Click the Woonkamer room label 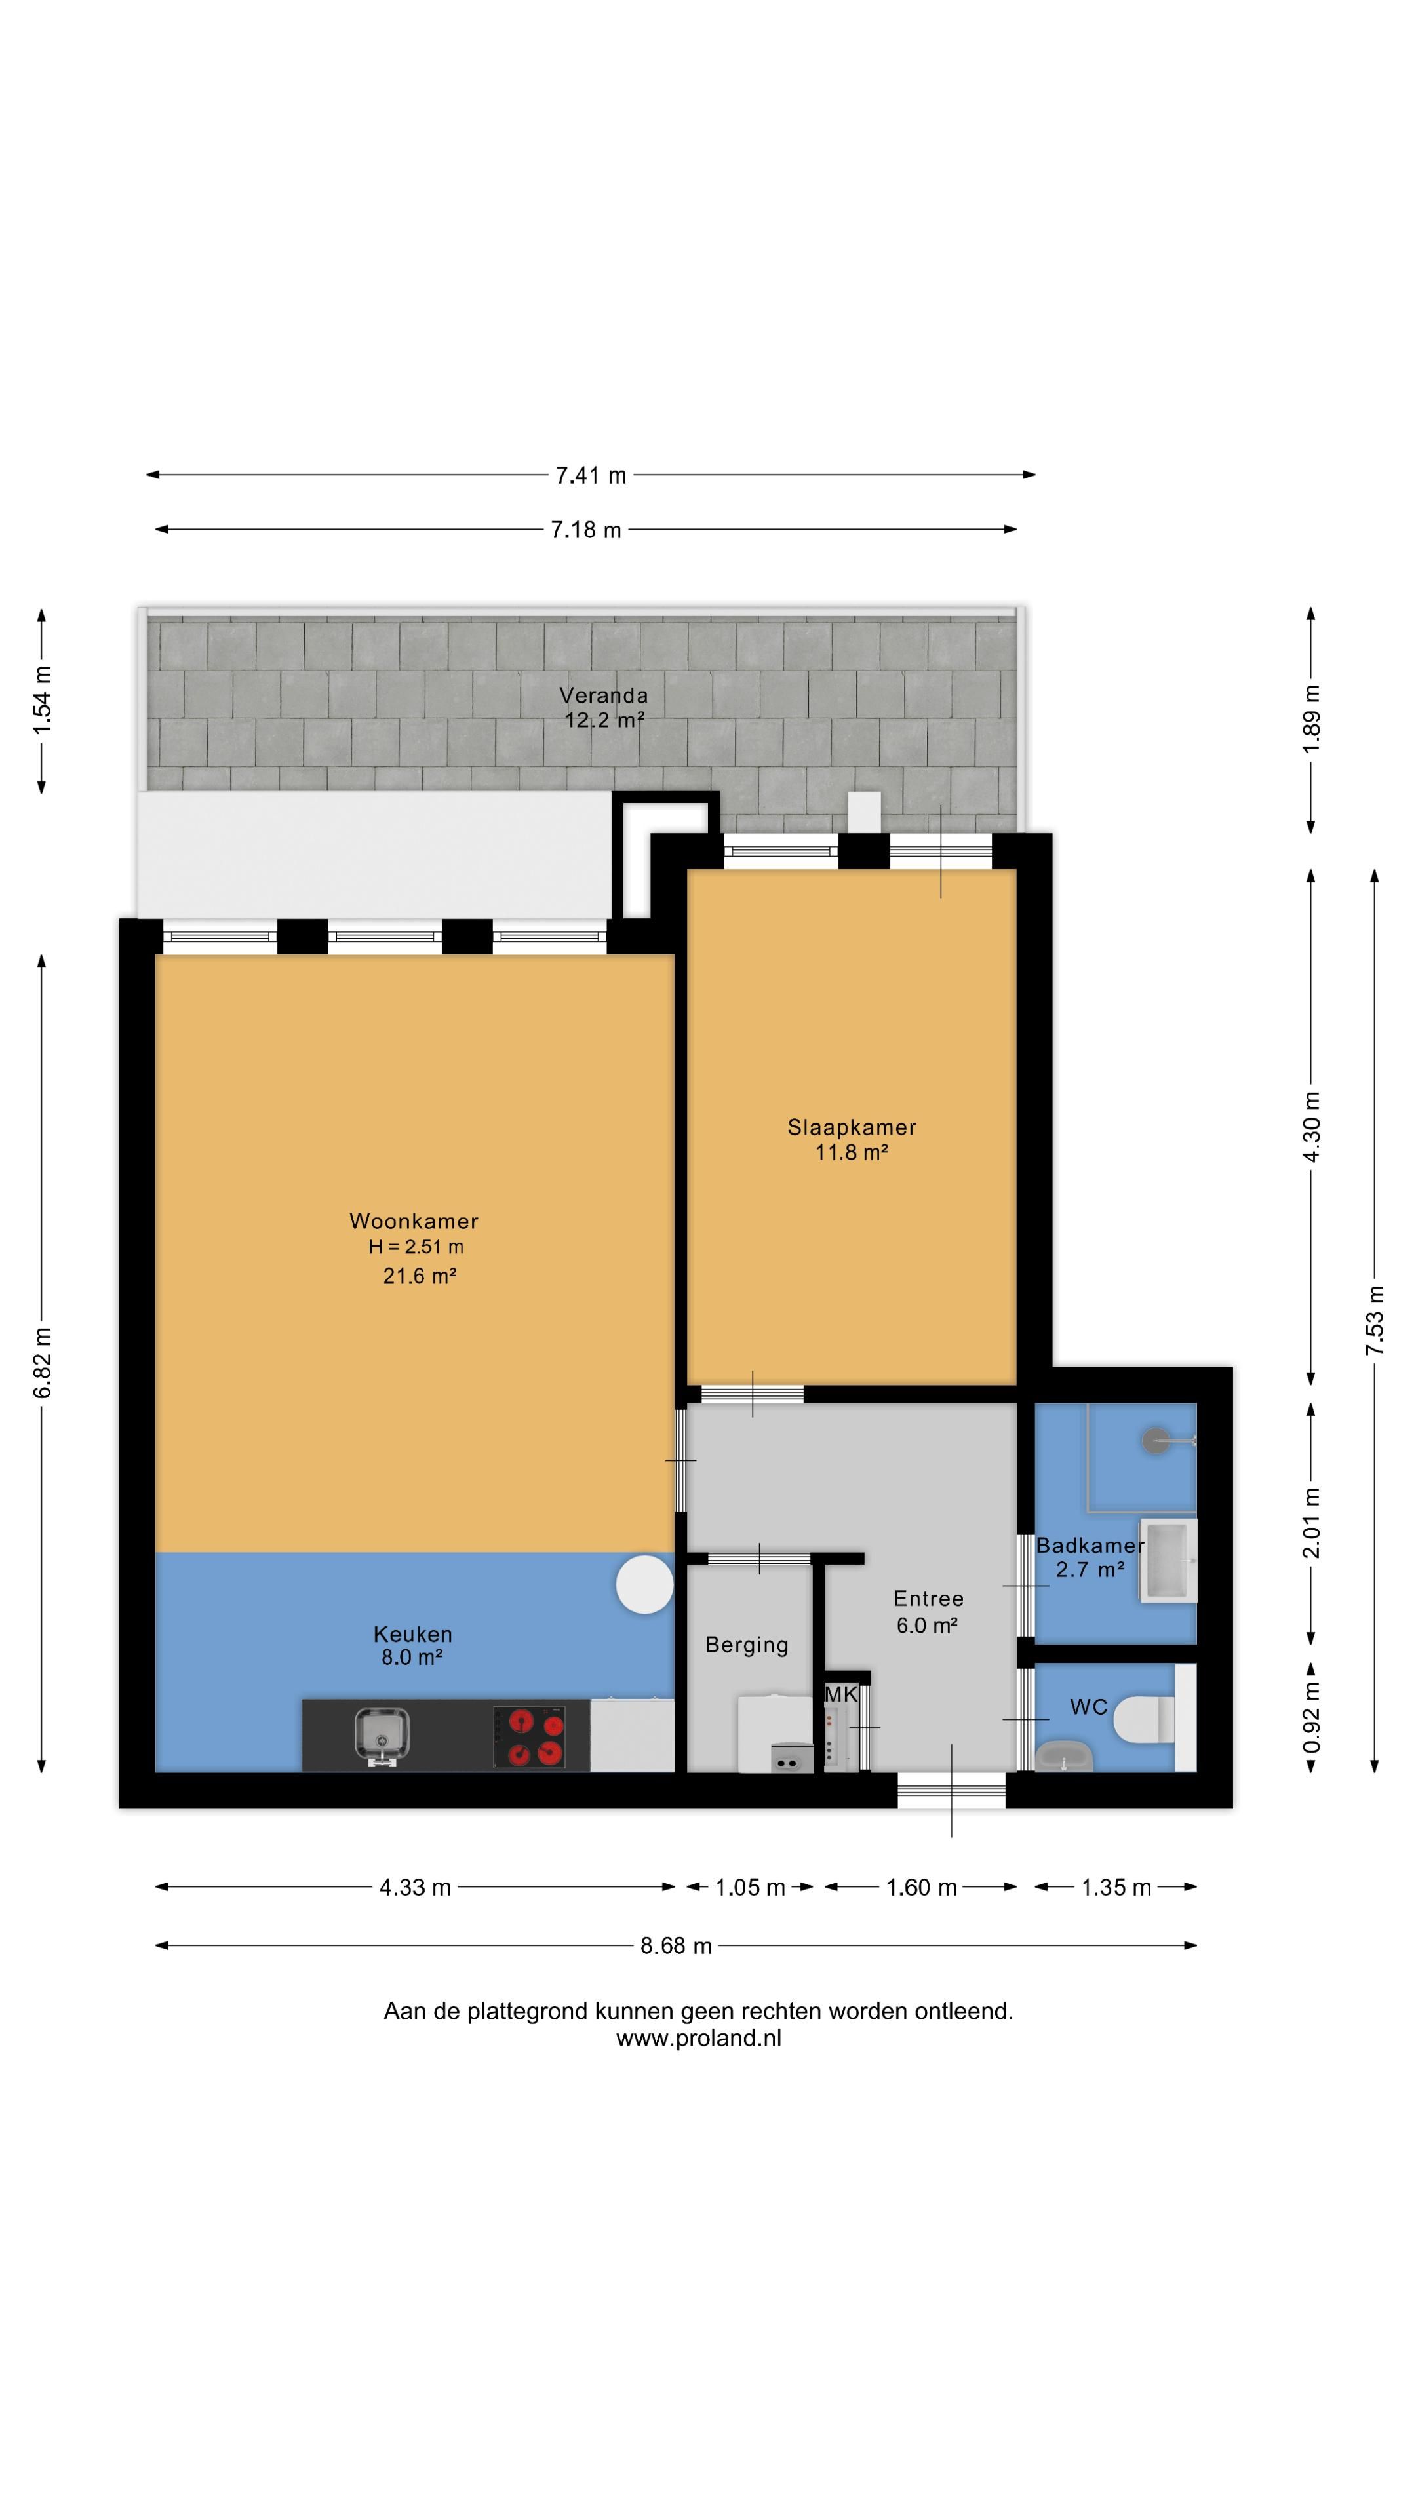coord(414,1220)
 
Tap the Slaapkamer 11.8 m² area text coord(851,1153)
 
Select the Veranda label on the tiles coord(603,695)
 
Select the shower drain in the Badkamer coord(1156,1440)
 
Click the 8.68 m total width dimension coord(677,1946)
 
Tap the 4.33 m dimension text coord(416,1888)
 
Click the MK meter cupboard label coord(840,1695)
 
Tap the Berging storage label coord(747,1645)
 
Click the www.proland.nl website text coord(699,2039)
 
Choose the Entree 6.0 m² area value coord(926,1626)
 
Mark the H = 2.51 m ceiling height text coord(416,1247)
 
